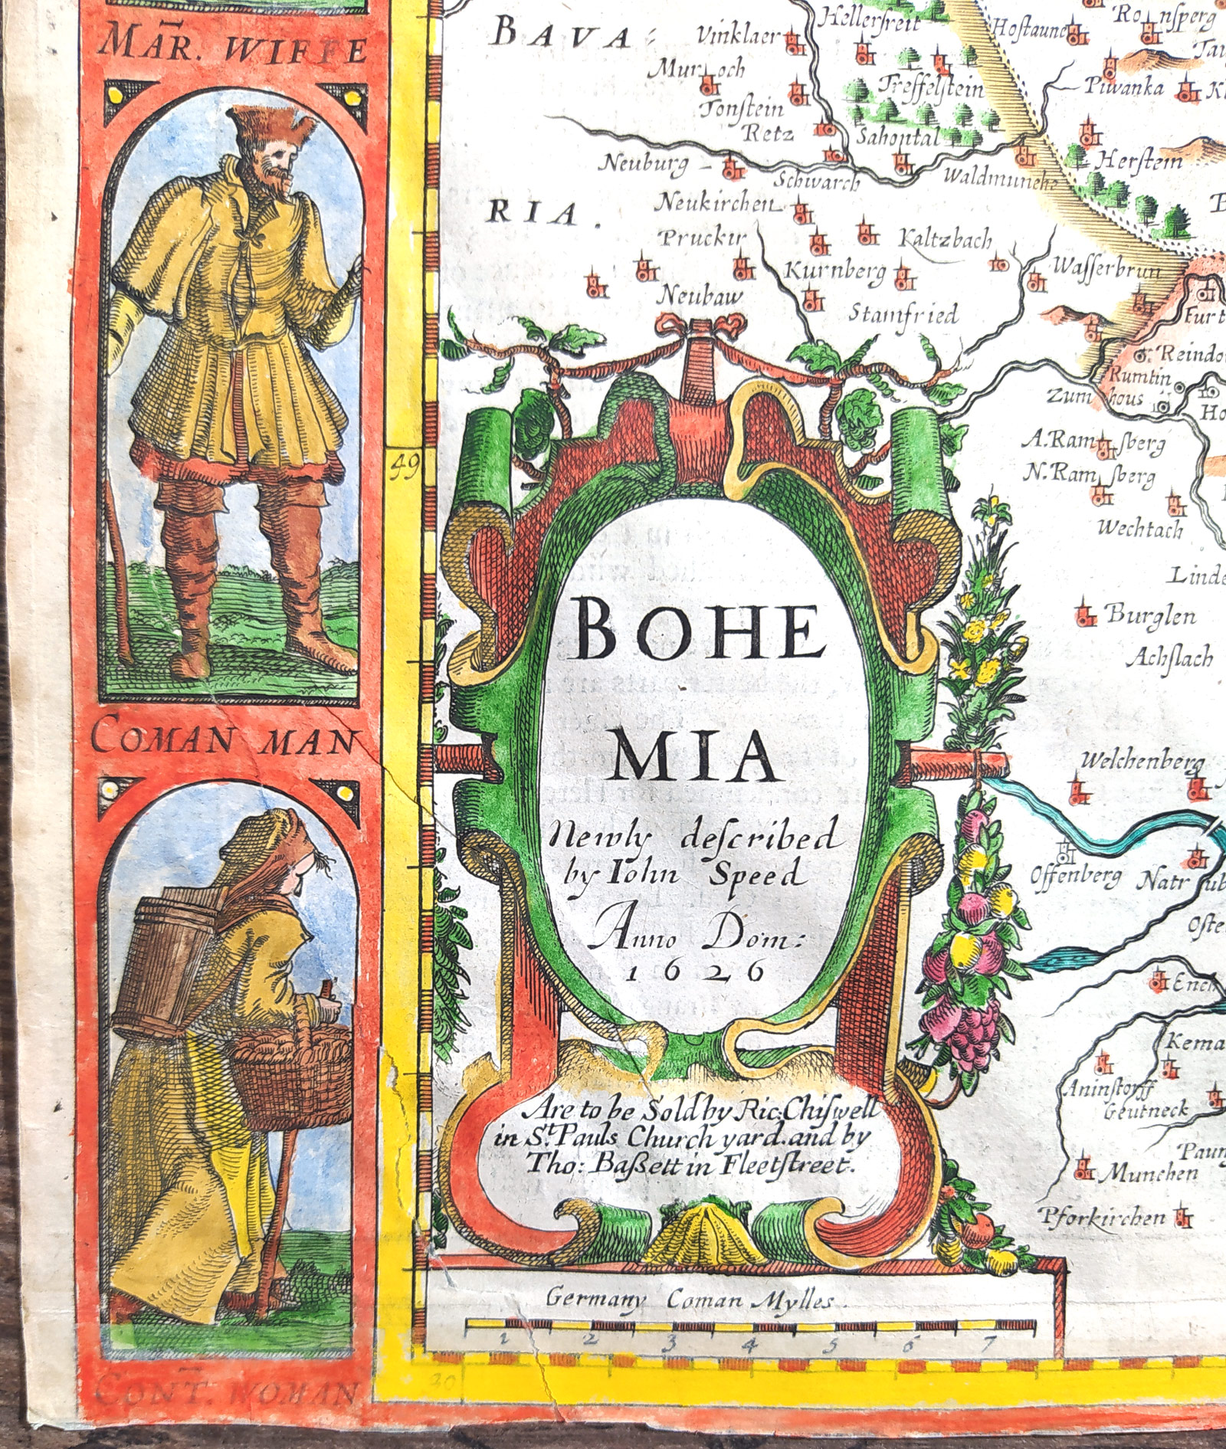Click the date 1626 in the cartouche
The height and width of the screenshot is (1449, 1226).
click(696, 972)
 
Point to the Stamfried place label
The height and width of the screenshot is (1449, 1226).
click(903, 314)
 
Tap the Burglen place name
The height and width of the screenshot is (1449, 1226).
click(1149, 615)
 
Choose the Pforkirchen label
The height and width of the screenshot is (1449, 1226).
click(1103, 1216)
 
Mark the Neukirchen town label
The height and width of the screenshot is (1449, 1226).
click(716, 203)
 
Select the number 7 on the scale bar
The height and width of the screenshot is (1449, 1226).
click(989, 1342)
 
